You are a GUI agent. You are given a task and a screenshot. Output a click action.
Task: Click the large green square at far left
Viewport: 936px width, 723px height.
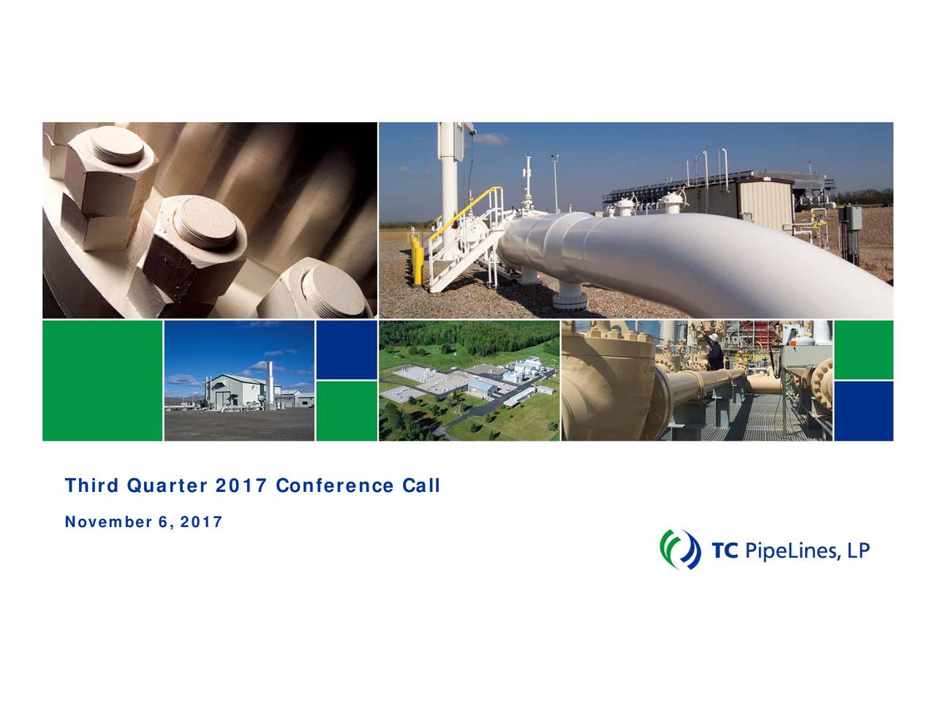pos(102,380)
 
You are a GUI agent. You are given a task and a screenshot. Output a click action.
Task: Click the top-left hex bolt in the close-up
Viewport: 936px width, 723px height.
pos(110,172)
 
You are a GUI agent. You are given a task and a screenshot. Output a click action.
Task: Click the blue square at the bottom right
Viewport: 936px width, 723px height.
pos(864,411)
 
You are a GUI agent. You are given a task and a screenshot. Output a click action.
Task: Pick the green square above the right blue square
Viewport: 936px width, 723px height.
pos(864,350)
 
